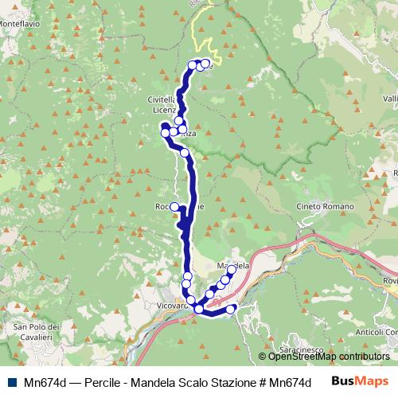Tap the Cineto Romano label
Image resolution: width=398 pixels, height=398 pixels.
[322, 207]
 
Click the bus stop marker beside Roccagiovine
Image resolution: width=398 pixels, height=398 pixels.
[174, 206]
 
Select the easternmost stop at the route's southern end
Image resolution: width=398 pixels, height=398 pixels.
[232, 309]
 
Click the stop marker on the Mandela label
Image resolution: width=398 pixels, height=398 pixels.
[232, 271]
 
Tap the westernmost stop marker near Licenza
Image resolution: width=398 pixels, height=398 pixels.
[166, 133]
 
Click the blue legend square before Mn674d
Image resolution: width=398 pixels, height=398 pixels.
[8, 381]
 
